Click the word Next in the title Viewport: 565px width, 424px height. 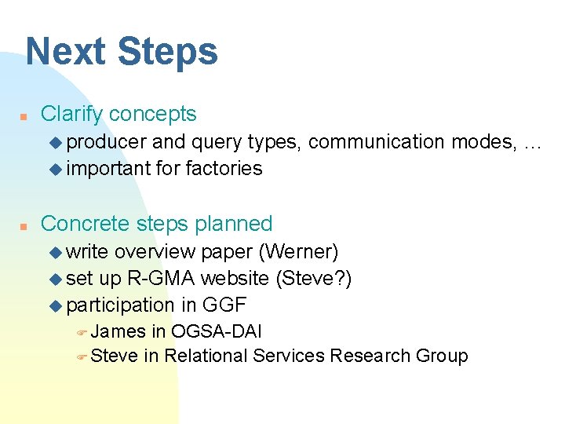coord(66,52)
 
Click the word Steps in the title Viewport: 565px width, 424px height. coord(168,52)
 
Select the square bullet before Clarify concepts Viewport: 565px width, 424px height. coord(24,115)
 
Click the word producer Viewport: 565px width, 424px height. coord(107,142)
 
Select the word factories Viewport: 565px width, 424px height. coord(224,168)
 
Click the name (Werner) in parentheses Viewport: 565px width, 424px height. coord(298,252)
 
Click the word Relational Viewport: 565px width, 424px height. coord(206,356)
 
